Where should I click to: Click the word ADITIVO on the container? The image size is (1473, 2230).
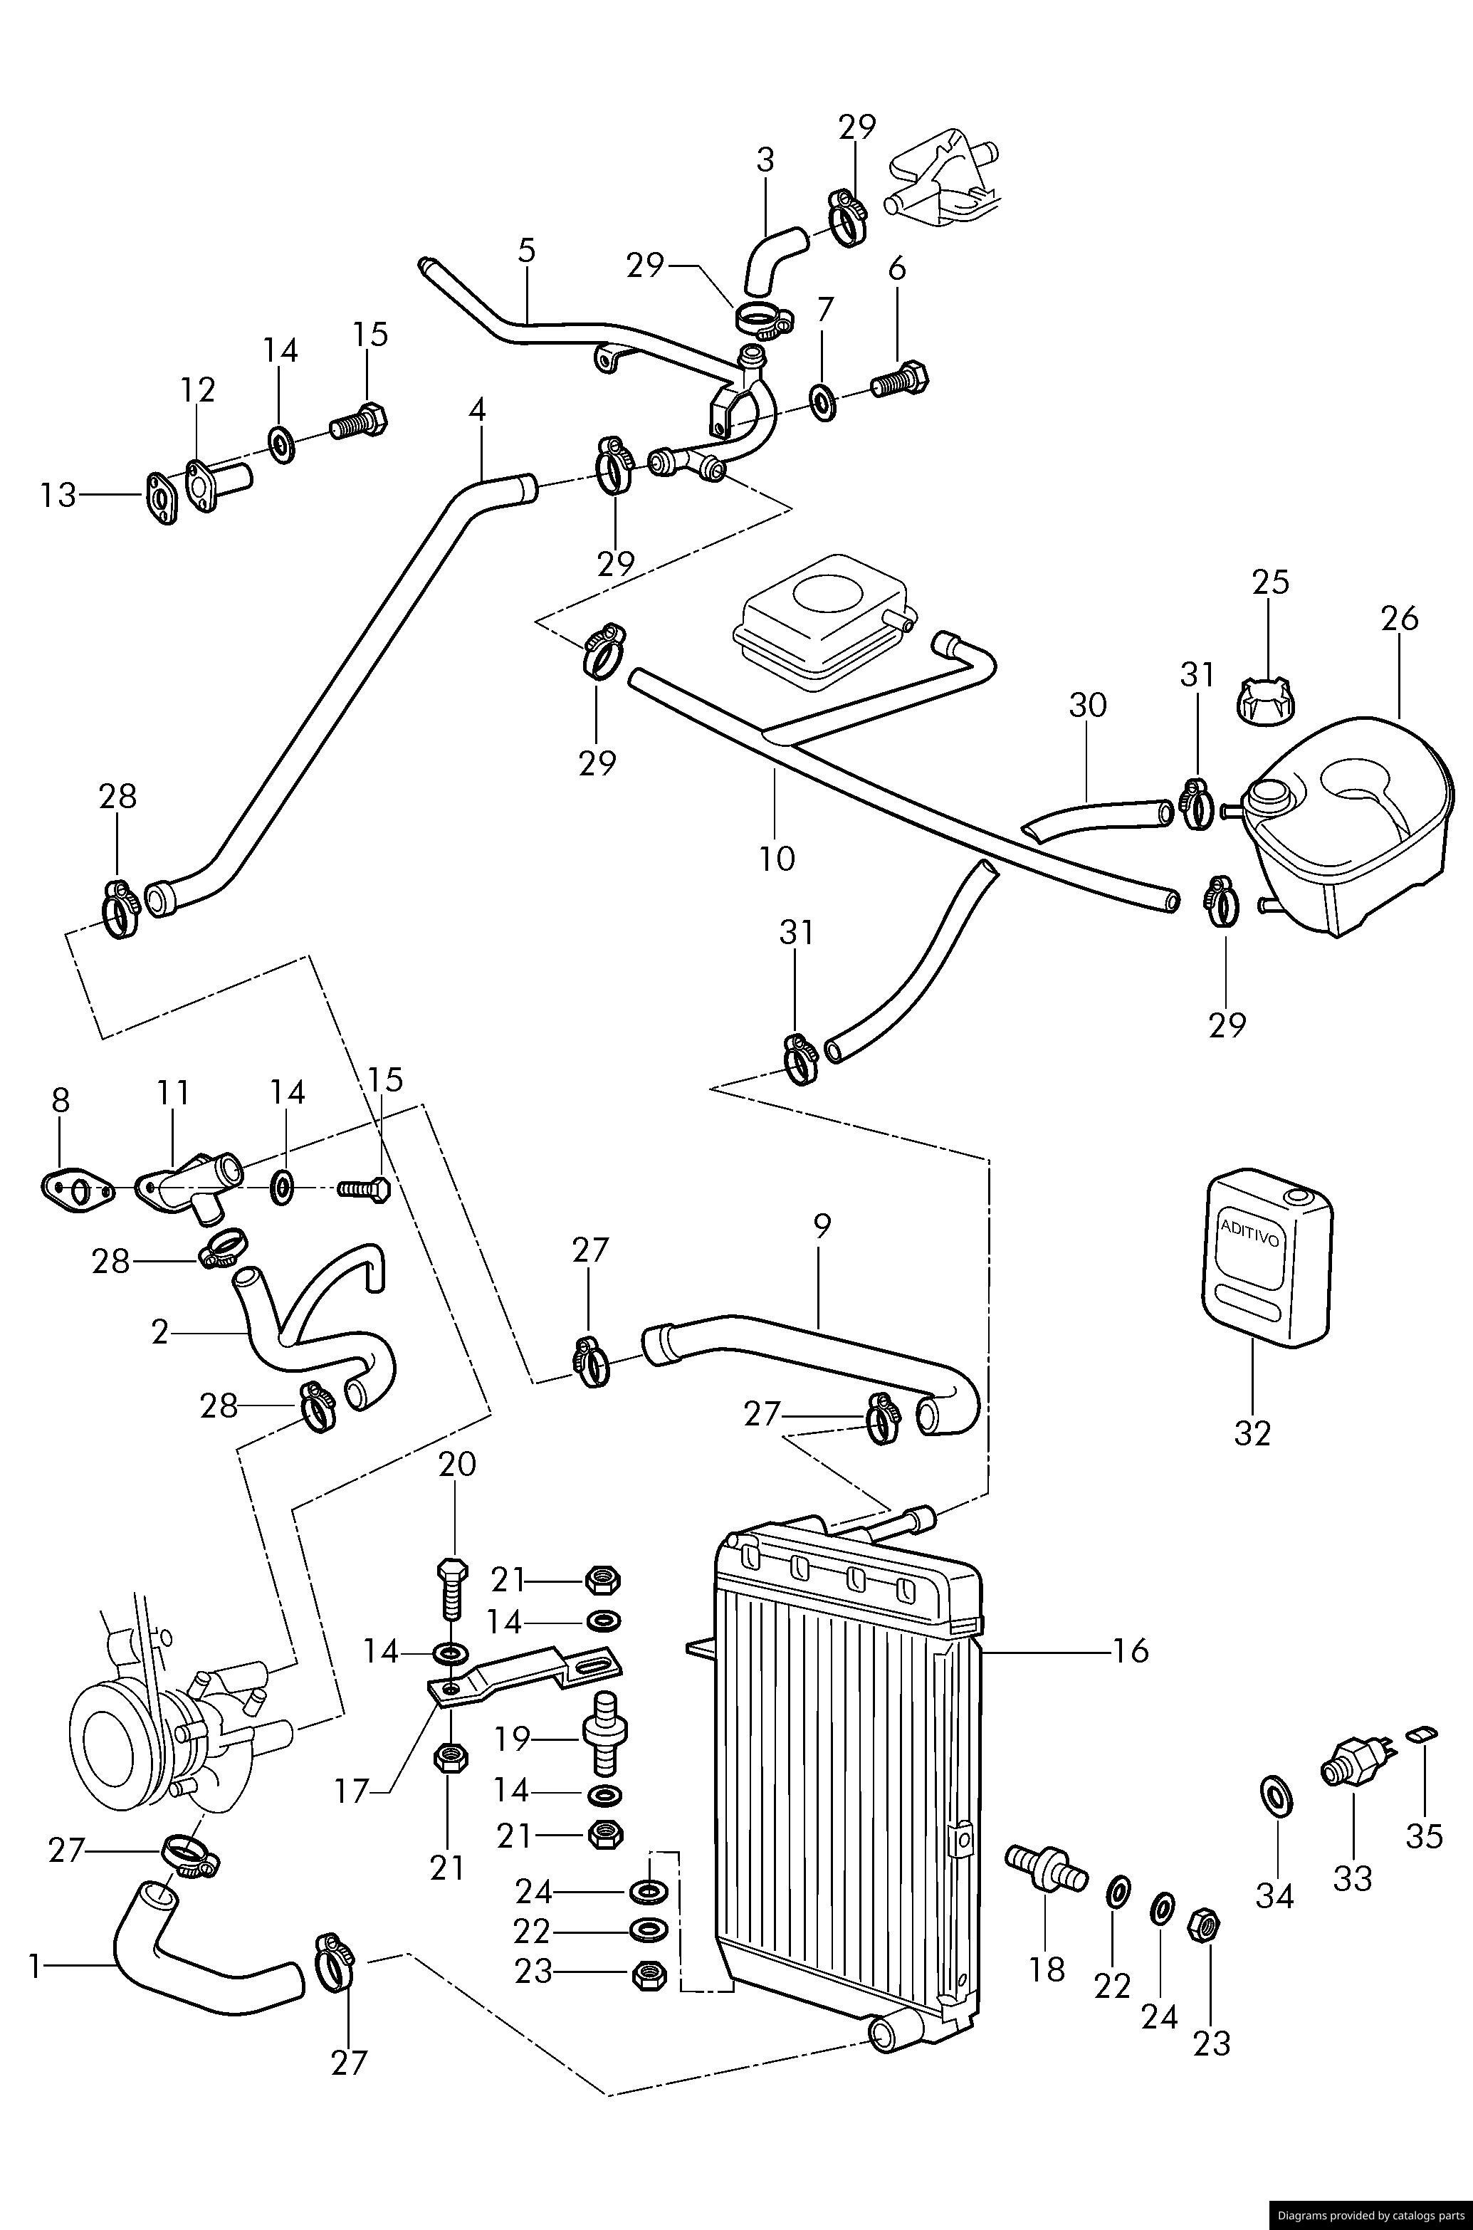coord(1249,1233)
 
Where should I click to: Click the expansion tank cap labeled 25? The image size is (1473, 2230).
coord(1265,701)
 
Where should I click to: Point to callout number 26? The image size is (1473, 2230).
coord(1399,618)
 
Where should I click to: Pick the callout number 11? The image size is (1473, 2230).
coord(174,1094)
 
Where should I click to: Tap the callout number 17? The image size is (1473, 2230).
coord(352,1791)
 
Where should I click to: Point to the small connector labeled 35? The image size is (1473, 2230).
coord(1420,1733)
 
